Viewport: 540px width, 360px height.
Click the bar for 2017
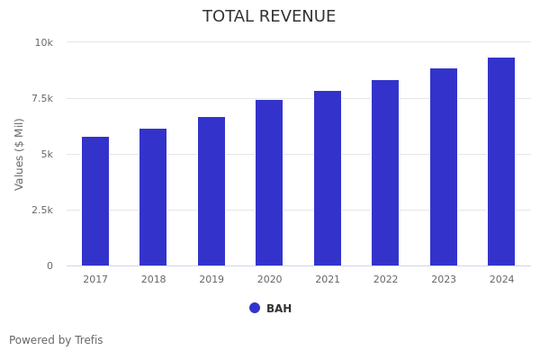tap(95, 201)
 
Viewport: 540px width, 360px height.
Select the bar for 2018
tap(153, 197)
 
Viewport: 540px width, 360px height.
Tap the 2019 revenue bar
tap(211, 191)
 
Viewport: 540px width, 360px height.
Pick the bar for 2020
tap(269, 183)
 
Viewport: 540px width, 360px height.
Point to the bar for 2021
tap(328, 178)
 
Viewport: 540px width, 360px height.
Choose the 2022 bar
tap(385, 173)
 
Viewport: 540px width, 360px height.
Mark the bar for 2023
tap(444, 166)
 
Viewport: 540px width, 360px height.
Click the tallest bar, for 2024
tap(501, 161)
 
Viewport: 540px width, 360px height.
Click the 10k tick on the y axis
tap(44, 42)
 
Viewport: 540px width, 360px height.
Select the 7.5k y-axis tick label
tap(41, 98)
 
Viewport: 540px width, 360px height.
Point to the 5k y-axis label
tap(47, 154)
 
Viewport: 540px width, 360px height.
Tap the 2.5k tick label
tap(41, 210)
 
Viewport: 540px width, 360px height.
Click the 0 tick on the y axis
tap(49, 265)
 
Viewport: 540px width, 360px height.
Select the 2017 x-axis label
tap(95, 279)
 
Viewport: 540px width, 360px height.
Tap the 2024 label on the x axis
tap(501, 279)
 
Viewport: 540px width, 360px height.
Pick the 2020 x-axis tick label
tap(269, 279)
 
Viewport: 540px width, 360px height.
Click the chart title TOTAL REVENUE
tap(269, 16)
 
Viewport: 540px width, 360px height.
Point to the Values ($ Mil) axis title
tap(20, 154)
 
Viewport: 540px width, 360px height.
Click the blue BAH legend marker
tap(255, 308)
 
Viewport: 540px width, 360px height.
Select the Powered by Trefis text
tap(56, 340)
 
